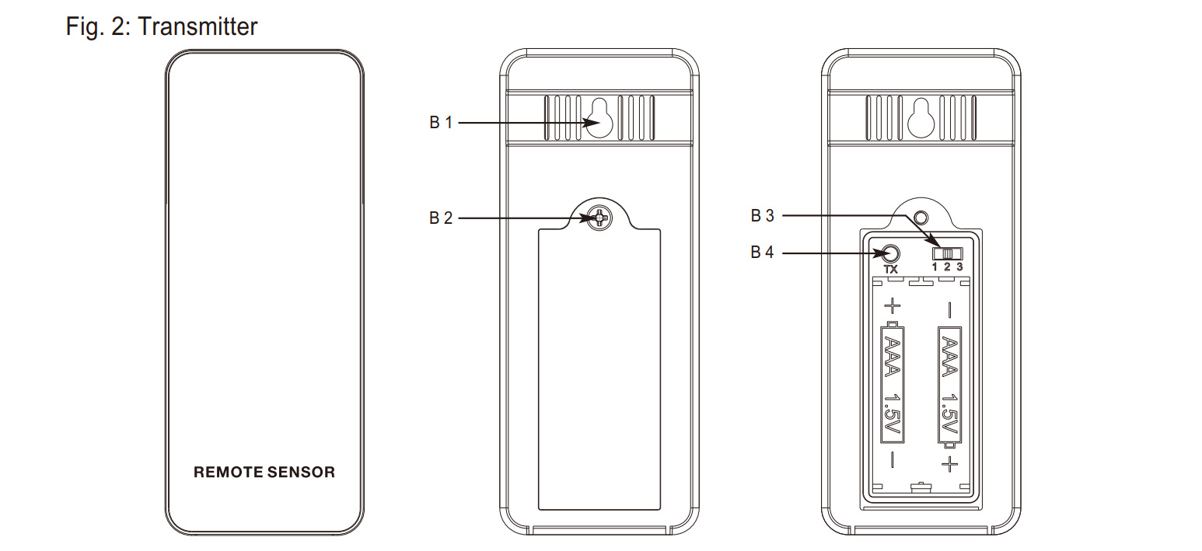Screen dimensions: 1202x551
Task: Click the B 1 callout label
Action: tap(441, 122)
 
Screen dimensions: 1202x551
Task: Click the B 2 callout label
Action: tap(441, 218)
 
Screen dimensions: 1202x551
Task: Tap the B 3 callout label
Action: tap(762, 216)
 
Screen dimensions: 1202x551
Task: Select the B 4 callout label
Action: tap(762, 252)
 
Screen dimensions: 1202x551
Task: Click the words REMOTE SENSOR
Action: tap(264, 473)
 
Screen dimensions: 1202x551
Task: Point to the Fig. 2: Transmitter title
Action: tap(162, 26)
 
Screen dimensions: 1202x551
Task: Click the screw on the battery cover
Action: tap(599, 218)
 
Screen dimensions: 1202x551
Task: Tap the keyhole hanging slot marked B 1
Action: tap(599, 118)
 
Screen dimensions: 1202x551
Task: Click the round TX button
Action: tap(891, 253)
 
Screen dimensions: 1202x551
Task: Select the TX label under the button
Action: tap(891, 270)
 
